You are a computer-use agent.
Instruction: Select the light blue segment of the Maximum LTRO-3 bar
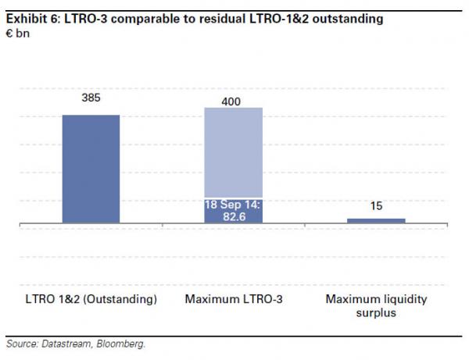click(233, 152)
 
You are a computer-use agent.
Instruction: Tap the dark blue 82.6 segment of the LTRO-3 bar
click(233, 211)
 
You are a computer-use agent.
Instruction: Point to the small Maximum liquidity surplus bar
click(376, 221)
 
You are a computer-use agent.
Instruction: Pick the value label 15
click(376, 206)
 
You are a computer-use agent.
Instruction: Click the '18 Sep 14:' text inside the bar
click(233, 204)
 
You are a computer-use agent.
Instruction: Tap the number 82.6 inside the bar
click(233, 216)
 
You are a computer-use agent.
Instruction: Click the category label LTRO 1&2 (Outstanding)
click(91, 299)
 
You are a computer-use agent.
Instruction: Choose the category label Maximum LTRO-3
click(233, 299)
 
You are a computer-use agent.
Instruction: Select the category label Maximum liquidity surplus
click(376, 305)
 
